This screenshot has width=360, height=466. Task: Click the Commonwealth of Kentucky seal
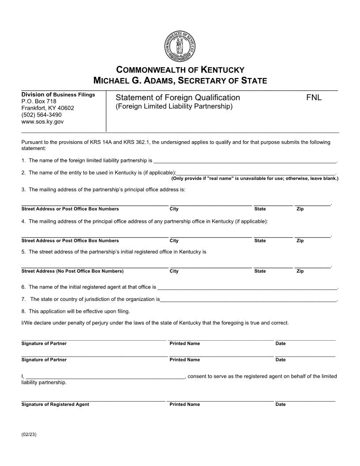pyautogui.click(x=180, y=47)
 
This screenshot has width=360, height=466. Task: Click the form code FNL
pyautogui.click(x=314, y=98)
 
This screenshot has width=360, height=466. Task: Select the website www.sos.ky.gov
pyautogui.click(x=42, y=121)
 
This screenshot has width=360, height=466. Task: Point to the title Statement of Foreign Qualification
pyautogui.click(x=178, y=98)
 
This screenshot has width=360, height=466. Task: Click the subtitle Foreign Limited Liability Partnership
pyautogui.click(x=174, y=107)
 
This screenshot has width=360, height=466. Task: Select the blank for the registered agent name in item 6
pyautogui.click(x=247, y=288)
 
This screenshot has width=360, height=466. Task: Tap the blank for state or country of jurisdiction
pyautogui.click(x=248, y=300)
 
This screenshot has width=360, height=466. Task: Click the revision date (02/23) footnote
pyautogui.click(x=29, y=435)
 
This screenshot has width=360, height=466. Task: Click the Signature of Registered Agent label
pyautogui.click(x=55, y=405)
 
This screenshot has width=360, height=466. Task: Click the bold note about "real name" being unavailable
pyautogui.click(x=255, y=179)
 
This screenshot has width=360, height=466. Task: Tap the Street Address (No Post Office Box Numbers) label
pyautogui.click(x=72, y=271)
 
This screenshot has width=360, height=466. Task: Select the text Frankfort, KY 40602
pyautogui.click(x=48, y=108)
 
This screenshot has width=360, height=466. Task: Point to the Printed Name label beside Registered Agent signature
pyautogui.click(x=184, y=405)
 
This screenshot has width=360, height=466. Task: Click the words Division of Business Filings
pyautogui.click(x=58, y=95)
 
